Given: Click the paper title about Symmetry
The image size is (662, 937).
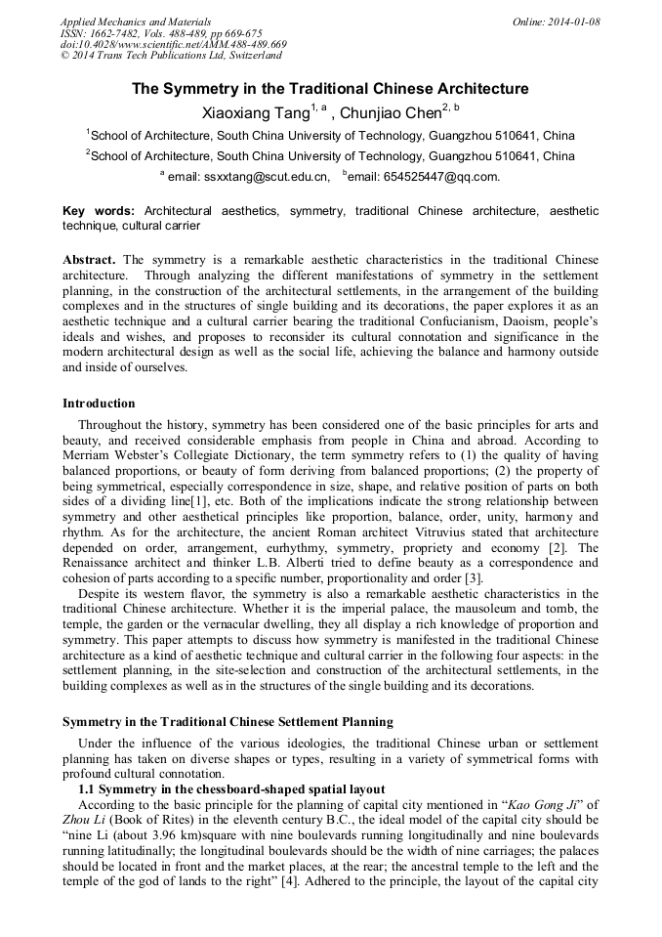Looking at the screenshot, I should click(x=330, y=89).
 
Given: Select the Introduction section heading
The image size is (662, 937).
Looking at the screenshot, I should click(x=99, y=404).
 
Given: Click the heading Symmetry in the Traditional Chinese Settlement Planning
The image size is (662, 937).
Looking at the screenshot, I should click(x=228, y=722).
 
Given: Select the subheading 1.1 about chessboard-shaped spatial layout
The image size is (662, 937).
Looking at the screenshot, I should click(x=231, y=788).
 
